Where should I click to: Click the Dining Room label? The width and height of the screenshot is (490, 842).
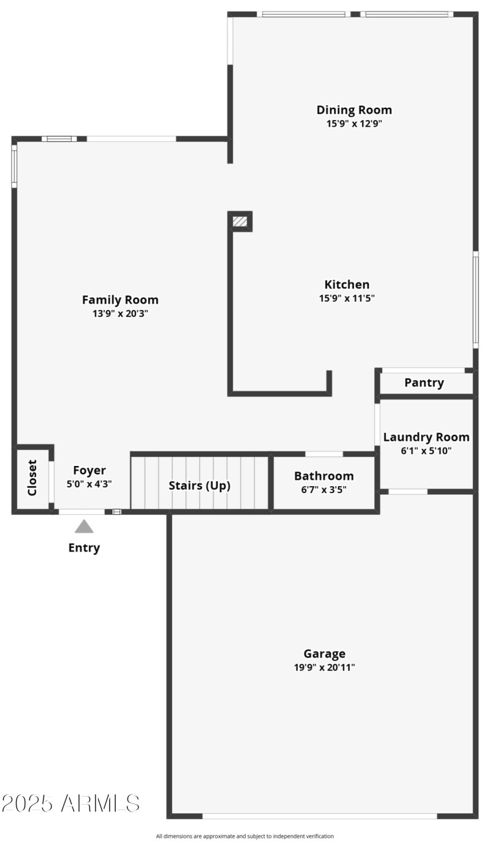tap(354, 110)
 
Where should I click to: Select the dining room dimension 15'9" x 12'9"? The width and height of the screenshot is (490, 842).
tap(354, 124)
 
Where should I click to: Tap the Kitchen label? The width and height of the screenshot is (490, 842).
tap(347, 285)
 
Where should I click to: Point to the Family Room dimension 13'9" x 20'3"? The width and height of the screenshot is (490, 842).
tap(120, 314)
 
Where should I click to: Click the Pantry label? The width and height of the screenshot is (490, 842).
tap(424, 383)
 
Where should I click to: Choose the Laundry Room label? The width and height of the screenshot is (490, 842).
tap(426, 437)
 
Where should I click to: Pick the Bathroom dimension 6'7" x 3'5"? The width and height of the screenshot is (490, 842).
tap(324, 490)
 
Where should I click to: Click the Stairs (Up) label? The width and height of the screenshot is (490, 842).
tap(200, 486)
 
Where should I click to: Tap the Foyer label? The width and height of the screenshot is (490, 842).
tap(89, 470)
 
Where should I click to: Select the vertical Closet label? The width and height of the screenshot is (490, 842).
tap(32, 478)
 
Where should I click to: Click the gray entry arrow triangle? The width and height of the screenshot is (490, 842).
tap(84, 527)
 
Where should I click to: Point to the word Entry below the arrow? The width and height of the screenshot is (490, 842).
tap(84, 548)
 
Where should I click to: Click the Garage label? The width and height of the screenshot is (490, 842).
tap(325, 654)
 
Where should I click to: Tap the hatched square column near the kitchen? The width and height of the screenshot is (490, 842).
tap(240, 221)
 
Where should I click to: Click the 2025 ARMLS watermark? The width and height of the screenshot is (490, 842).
tap(70, 803)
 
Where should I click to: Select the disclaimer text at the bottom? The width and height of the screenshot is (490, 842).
tap(245, 836)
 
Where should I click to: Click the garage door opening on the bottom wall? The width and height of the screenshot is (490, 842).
tap(320, 816)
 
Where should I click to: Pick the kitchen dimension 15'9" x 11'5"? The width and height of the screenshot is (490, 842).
tap(347, 298)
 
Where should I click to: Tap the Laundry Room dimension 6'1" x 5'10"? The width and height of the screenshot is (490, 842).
tap(426, 451)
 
